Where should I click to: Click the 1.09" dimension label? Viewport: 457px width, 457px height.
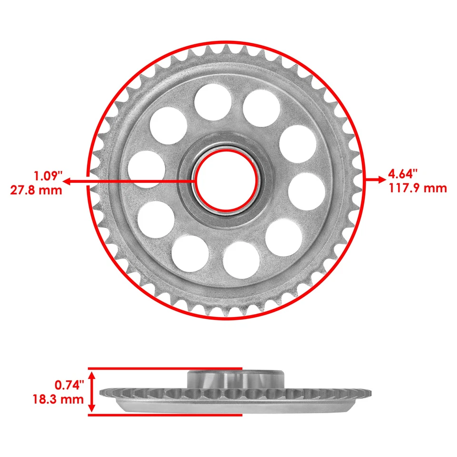point(48,176)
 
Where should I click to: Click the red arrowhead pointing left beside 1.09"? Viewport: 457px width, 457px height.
point(67,181)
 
